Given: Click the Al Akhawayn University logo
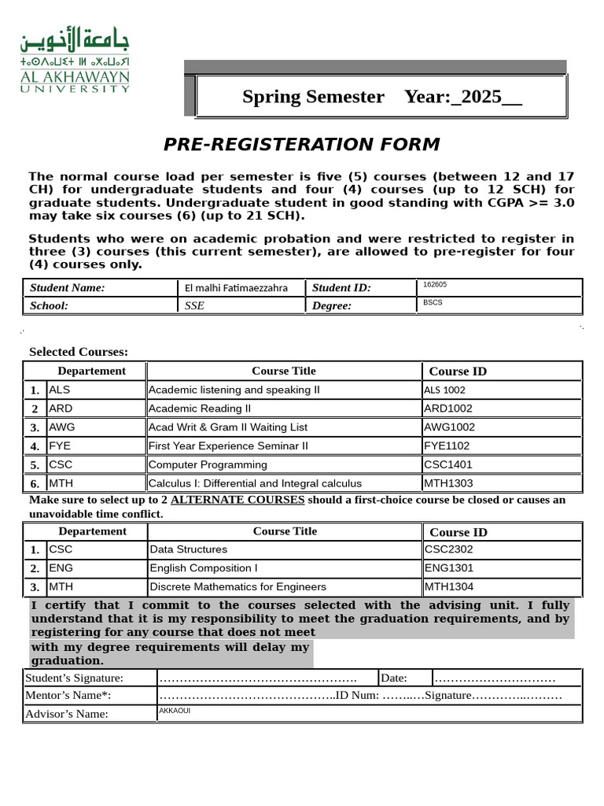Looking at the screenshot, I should (75, 63).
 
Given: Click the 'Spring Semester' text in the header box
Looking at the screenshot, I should (313, 97).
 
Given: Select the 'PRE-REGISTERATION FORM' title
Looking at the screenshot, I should (301, 145).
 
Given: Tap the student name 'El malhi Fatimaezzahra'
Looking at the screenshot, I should (235, 288).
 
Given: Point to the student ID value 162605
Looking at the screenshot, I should (435, 285).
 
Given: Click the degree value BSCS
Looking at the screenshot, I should (433, 302).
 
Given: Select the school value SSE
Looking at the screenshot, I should (194, 306).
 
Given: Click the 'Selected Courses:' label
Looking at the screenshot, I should (79, 352).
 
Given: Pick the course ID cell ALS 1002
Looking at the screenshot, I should (444, 390).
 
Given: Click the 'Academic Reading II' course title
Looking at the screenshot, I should (200, 409).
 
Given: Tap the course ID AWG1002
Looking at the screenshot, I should (449, 427).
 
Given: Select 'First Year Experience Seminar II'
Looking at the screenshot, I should (228, 446).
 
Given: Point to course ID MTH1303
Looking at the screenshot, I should (448, 483).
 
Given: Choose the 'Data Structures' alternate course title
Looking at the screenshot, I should (188, 549).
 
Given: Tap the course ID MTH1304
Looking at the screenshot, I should (448, 586).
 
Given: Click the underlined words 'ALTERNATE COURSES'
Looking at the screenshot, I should (237, 500).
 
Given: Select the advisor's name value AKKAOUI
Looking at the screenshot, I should (175, 711).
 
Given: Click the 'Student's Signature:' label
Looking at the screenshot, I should (74, 678).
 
